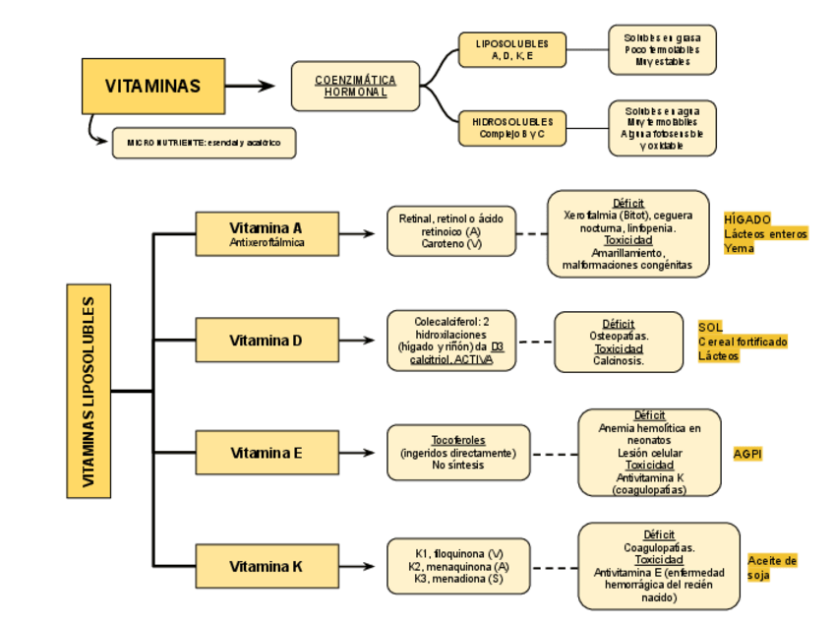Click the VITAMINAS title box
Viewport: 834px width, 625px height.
point(152,86)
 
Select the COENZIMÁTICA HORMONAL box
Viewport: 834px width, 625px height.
point(355,86)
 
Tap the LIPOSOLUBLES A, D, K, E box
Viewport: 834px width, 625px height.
point(511,50)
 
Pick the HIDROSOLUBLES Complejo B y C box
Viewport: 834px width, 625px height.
point(511,128)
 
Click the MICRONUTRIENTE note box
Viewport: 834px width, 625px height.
point(204,143)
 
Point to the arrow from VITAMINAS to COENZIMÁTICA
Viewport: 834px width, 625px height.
point(253,86)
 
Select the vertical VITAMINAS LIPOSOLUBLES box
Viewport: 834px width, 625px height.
point(89,390)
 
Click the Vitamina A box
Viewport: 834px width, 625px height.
point(267,233)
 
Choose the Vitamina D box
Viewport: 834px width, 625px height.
point(267,341)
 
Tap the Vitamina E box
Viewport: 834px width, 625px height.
point(267,453)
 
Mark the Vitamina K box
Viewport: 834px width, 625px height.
point(267,566)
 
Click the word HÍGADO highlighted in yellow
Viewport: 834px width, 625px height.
point(747,219)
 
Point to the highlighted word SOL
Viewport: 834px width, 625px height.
point(710,327)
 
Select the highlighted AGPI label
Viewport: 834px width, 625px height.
point(747,454)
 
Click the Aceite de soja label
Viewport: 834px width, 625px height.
point(772,567)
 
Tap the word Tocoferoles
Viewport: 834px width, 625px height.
point(458,440)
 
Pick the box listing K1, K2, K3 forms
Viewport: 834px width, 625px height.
point(458,566)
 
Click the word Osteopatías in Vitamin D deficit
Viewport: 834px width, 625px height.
point(619,336)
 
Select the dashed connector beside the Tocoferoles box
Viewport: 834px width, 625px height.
point(554,454)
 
